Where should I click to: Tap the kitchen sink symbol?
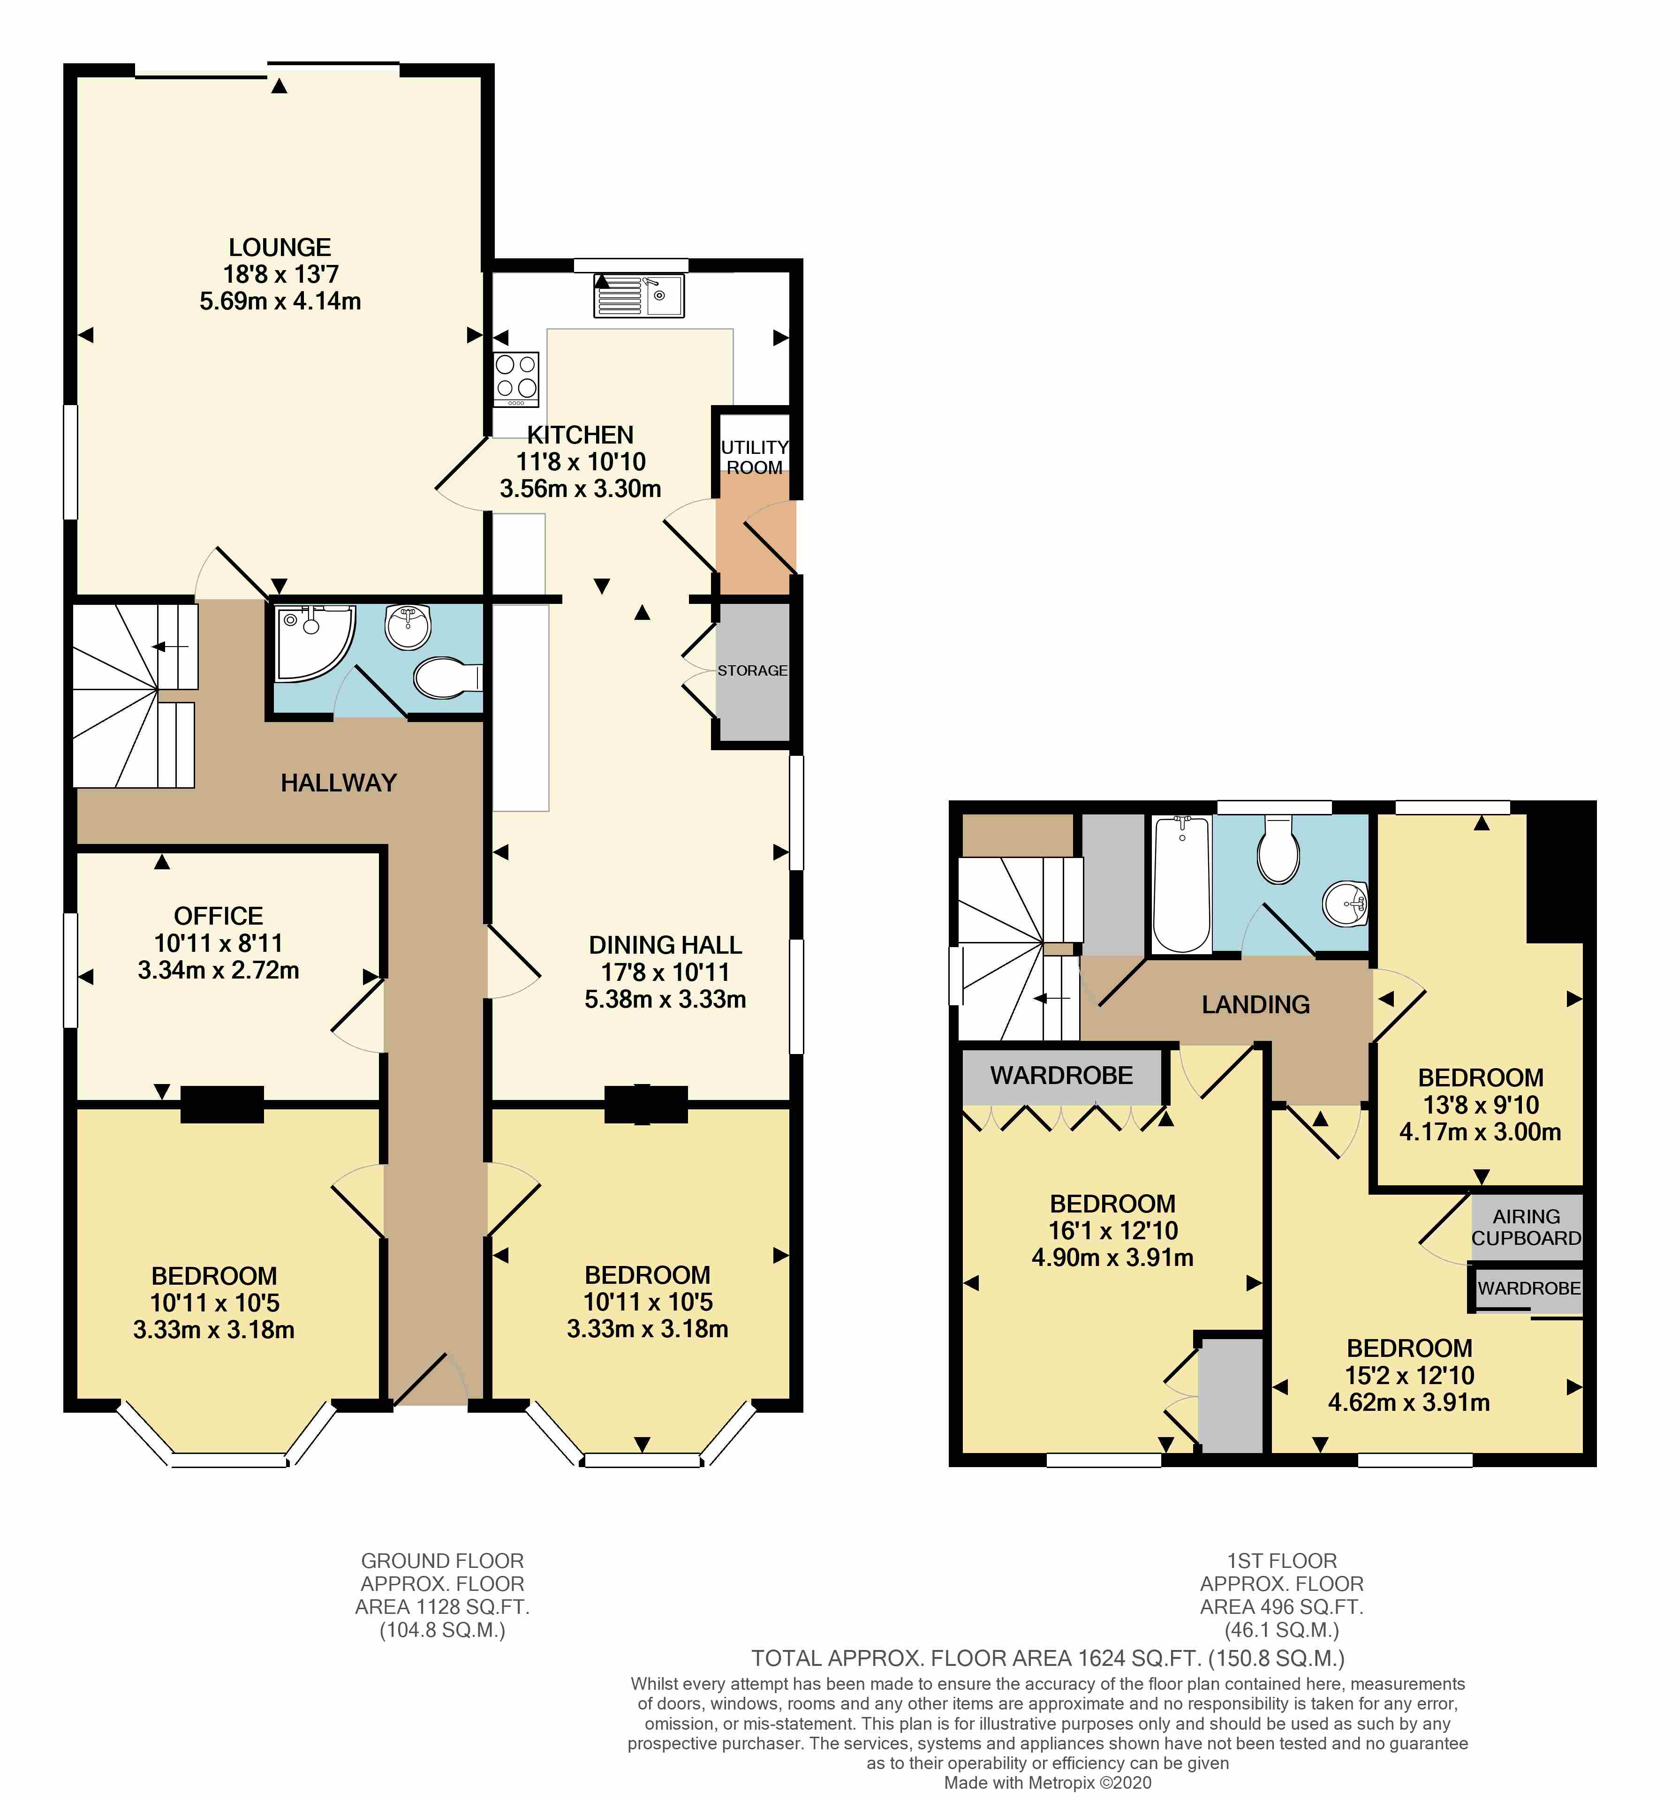click(x=638, y=296)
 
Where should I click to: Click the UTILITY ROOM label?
click(x=754, y=457)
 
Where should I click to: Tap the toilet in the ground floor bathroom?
click(x=446, y=677)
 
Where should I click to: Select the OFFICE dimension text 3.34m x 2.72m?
click(x=218, y=970)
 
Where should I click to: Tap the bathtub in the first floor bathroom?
click(x=1181, y=884)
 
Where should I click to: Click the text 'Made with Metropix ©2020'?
click(x=1048, y=1783)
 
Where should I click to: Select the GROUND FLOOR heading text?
click(x=442, y=1561)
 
